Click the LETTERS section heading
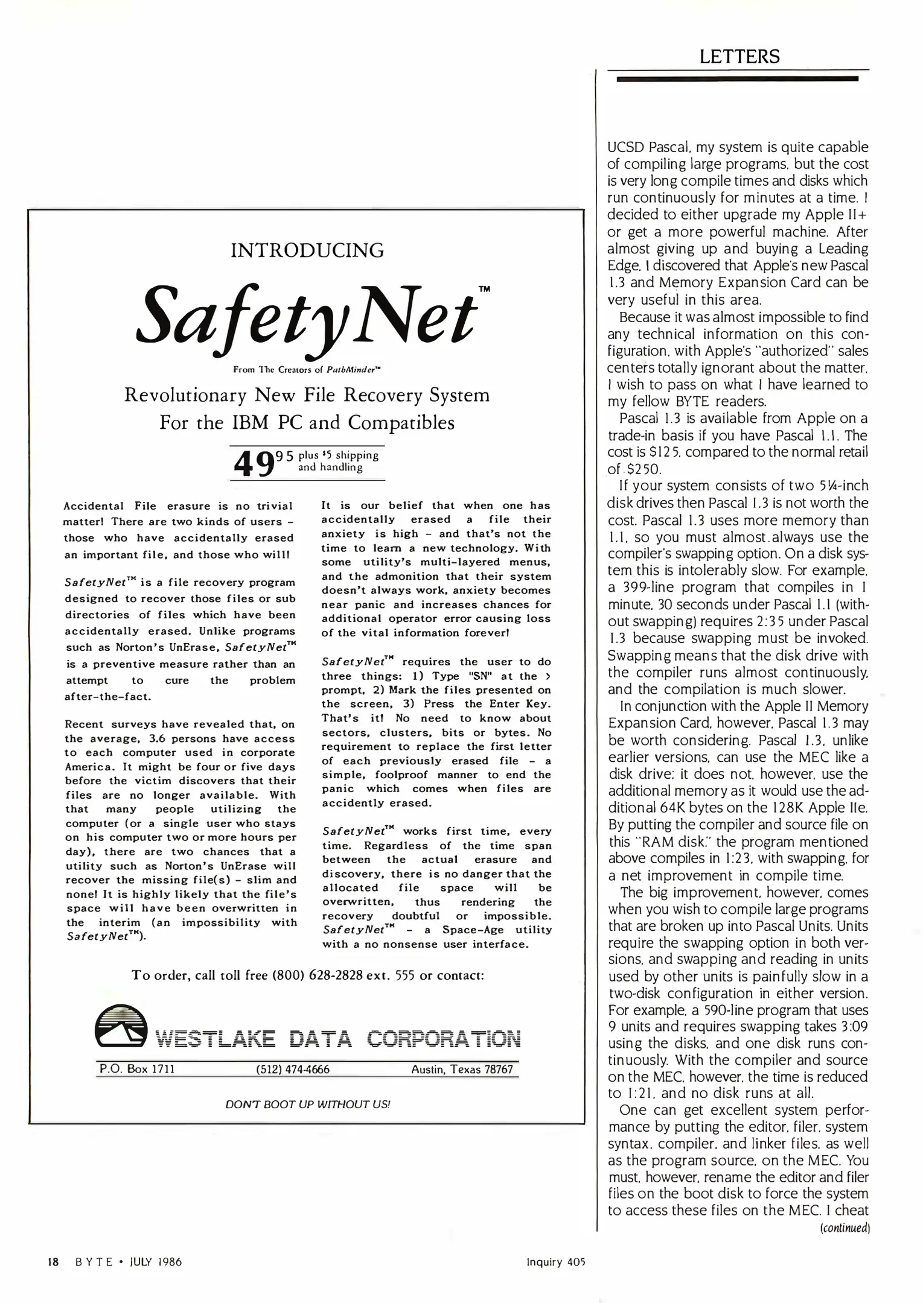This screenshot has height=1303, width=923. (739, 57)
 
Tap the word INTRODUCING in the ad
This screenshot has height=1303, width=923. (307, 250)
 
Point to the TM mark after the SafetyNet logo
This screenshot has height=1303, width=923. (484, 289)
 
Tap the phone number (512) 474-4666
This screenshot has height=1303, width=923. (293, 1070)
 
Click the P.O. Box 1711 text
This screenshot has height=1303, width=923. (137, 1069)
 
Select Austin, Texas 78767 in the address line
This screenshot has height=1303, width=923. (462, 1070)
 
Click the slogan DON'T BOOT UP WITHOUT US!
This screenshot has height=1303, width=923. (307, 1104)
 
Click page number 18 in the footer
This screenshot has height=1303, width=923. (53, 1261)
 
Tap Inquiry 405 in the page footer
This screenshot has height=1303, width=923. (555, 1261)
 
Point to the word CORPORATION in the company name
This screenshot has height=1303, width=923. (444, 1039)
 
